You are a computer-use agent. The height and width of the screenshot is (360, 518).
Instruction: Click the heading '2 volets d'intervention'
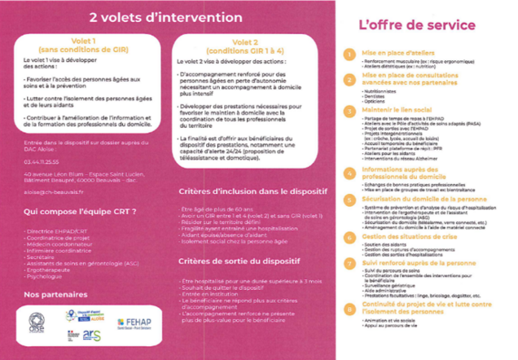160,16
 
